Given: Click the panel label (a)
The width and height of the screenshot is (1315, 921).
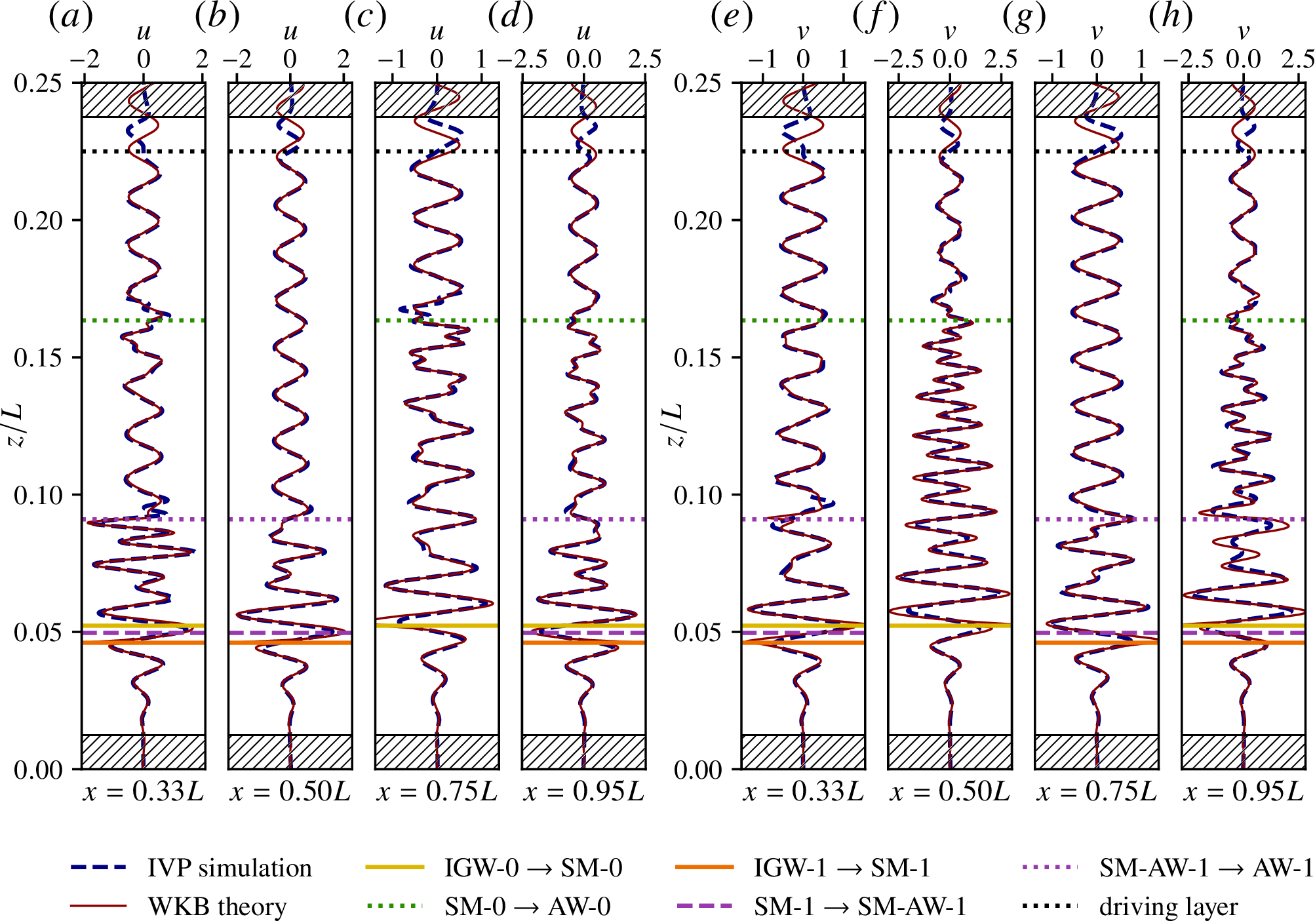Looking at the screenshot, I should pos(71,18).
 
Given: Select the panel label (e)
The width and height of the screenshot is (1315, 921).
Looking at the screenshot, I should pos(731,18).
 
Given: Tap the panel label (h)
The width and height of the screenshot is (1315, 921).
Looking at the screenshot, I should pos(1170,18).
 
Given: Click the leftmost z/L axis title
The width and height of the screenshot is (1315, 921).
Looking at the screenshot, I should pos(16,425).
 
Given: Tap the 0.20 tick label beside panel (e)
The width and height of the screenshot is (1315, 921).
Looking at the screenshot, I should pos(699,220).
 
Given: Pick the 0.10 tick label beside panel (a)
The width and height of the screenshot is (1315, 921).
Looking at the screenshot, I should pos(39,495).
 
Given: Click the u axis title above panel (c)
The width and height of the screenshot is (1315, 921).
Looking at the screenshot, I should pos(437,31).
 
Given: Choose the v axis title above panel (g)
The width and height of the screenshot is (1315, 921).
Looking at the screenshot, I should pos(1096,31).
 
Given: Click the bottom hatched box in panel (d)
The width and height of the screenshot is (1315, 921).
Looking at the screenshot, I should pos(583,752).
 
